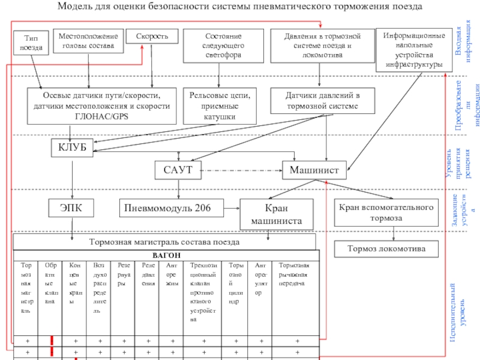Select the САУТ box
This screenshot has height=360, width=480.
click(178, 170)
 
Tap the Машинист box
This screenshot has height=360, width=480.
click(310, 170)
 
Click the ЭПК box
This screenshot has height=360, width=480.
click(71, 208)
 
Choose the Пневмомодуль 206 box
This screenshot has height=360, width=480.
click(167, 208)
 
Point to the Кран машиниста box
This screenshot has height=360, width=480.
click(276, 214)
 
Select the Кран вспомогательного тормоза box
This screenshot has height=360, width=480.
click(386, 213)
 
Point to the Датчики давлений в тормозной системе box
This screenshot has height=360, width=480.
click(322, 101)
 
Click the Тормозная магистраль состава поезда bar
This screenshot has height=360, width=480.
click(164, 242)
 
